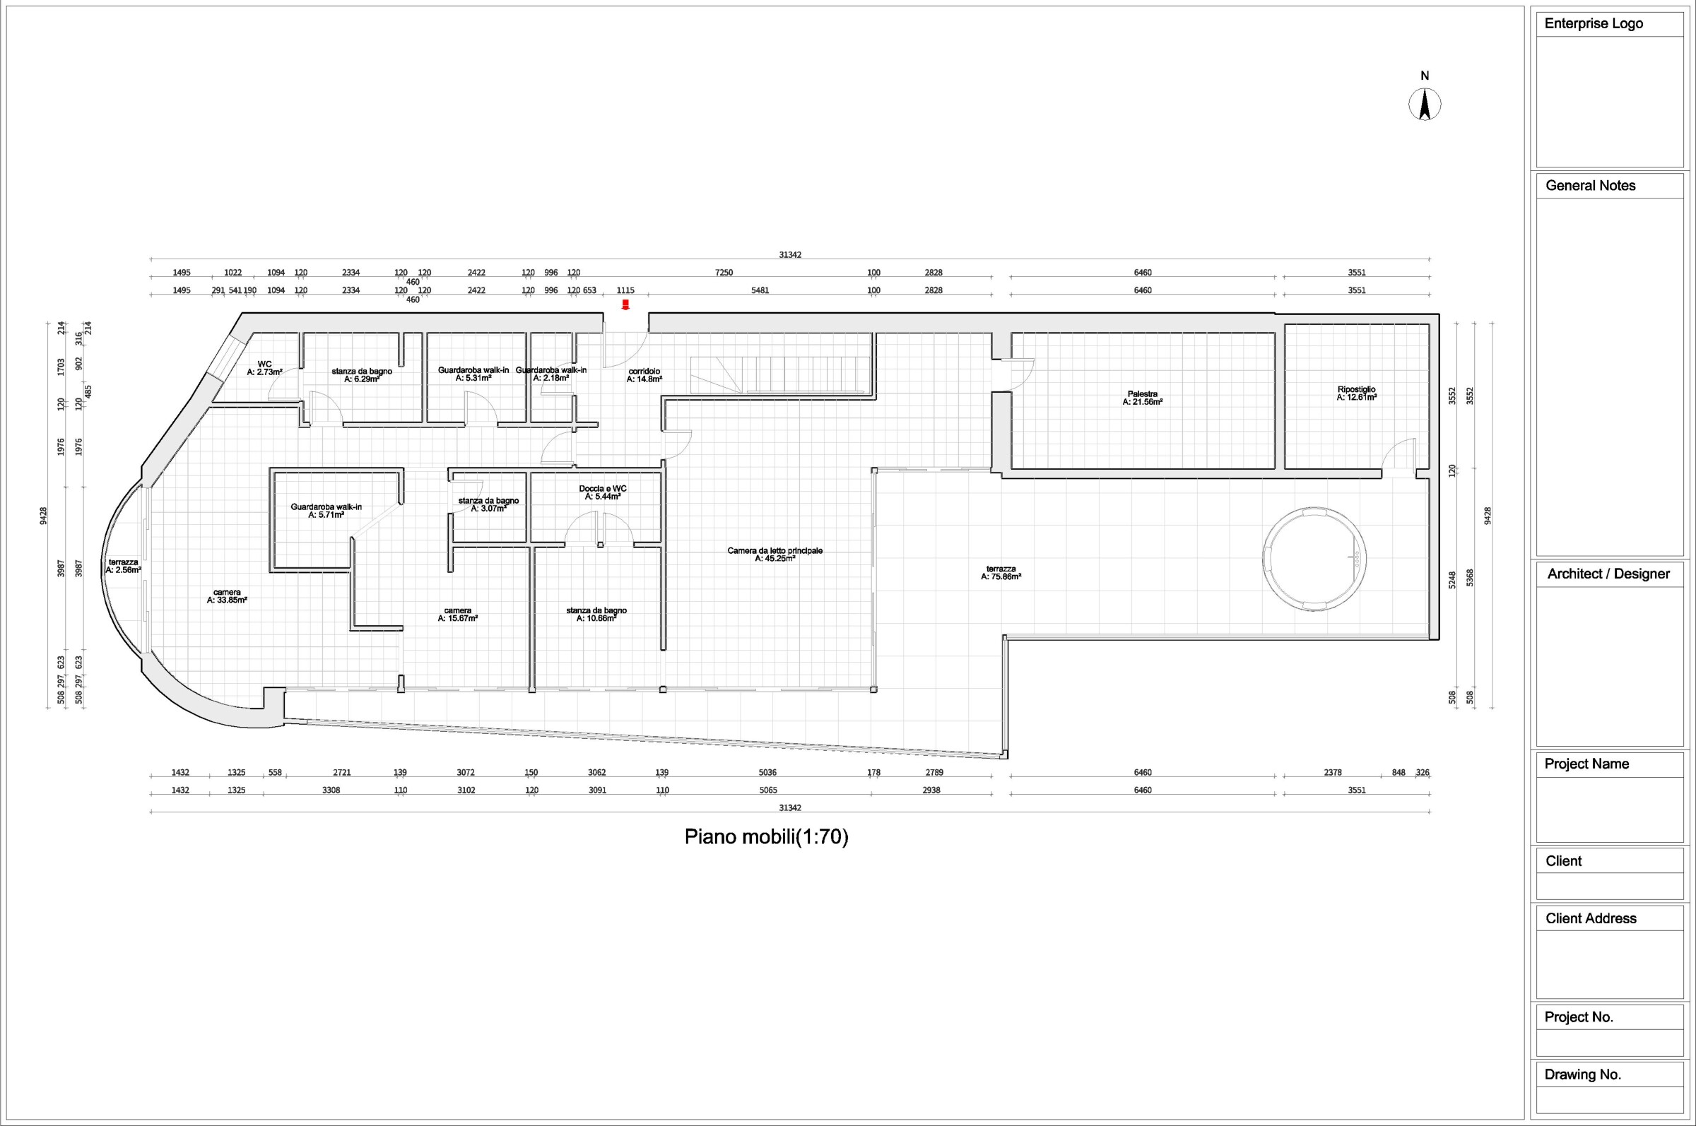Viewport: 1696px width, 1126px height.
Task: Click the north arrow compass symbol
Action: (x=1425, y=104)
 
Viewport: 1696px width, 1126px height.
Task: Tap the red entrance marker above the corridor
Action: (x=625, y=304)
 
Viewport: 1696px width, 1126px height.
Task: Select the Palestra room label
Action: (x=1142, y=398)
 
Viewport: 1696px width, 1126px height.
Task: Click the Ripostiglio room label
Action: (x=1356, y=393)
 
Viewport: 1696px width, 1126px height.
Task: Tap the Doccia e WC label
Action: (x=603, y=492)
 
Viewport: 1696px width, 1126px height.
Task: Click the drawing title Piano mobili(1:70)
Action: (x=767, y=836)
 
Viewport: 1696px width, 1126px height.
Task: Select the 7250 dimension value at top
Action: (x=724, y=272)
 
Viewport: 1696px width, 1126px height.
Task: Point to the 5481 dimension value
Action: (x=760, y=290)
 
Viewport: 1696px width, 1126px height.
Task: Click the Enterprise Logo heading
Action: (x=1594, y=24)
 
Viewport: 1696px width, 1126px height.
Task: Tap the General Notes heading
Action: (x=1591, y=185)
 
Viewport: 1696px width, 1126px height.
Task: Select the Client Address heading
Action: (x=1591, y=918)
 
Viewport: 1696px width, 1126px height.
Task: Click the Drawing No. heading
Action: (x=1582, y=1074)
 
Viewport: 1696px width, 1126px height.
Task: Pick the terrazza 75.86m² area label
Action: (x=1001, y=572)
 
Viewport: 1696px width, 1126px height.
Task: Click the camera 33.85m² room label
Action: (x=227, y=596)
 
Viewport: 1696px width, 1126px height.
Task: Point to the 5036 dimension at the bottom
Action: (x=767, y=773)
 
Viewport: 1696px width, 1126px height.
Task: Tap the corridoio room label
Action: (x=644, y=375)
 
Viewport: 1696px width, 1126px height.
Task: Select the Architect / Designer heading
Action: (x=1608, y=574)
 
